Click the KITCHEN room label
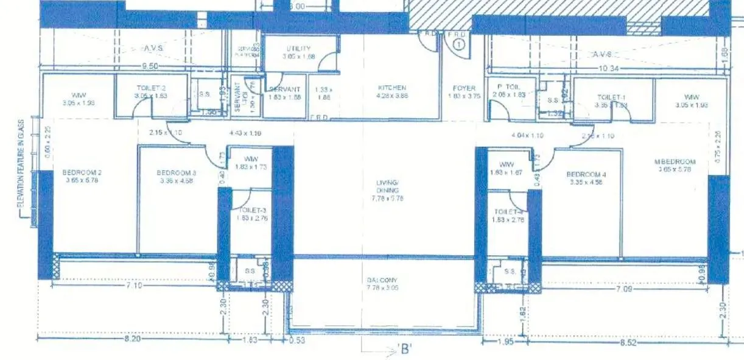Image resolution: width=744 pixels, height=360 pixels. coord(391,88)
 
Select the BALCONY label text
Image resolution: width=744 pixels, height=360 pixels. coord(382,280)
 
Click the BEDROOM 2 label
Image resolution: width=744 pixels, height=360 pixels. coord(81,172)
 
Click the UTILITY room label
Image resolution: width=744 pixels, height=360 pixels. coord(298,49)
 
